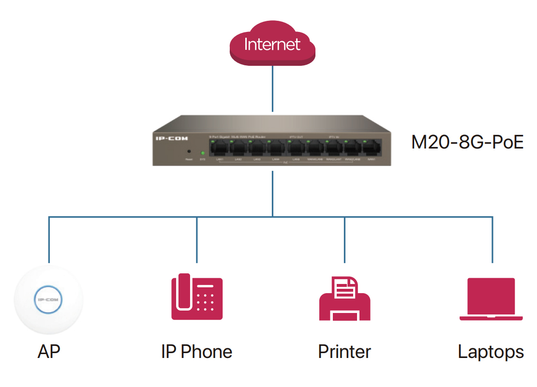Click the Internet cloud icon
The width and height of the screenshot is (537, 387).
click(x=272, y=45)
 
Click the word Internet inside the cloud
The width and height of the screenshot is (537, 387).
click(x=272, y=45)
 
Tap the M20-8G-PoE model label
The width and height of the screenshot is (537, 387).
click(x=467, y=142)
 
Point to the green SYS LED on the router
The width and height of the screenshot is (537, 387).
click(x=202, y=153)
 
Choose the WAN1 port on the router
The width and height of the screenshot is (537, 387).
click(x=371, y=147)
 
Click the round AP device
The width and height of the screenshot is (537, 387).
click(x=48, y=300)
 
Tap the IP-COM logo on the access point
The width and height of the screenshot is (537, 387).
click(x=48, y=300)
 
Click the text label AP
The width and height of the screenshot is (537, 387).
click(x=49, y=352)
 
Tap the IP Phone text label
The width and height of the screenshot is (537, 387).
click(x=196, y=352)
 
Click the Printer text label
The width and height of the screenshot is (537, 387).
click(x=344, y=352)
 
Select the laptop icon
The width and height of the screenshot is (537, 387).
click(x=491, y=298)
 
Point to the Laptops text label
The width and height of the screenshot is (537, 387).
click(x=491, y=352)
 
